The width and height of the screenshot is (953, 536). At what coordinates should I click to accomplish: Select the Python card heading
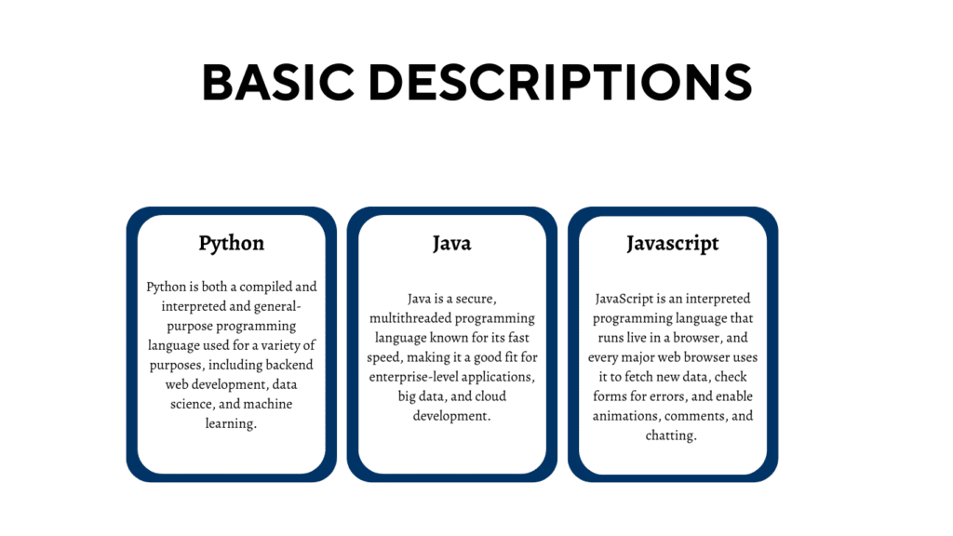[232, 243]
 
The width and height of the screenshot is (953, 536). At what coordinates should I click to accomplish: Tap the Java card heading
[452, 243]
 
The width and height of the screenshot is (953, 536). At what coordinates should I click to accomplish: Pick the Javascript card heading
[673, 243]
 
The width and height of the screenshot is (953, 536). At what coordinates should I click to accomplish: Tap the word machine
[286, 403]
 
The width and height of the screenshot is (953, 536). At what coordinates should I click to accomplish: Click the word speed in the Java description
[392, 357]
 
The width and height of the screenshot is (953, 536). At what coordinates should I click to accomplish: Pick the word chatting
[671, 435]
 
